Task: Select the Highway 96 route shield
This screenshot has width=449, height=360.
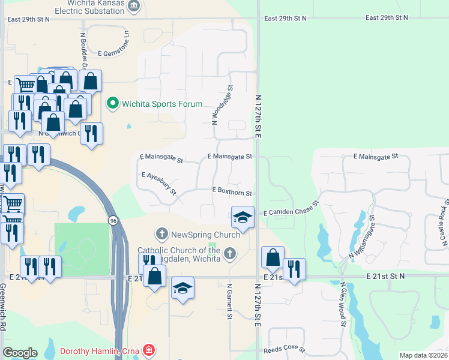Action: pyautogui.click(x=113, y=221)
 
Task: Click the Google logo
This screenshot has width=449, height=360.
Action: pyautogui.click(x=20, y=352)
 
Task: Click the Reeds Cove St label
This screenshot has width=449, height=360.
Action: pyautogui.click(x=284, y=349)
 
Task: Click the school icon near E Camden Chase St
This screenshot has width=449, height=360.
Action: pyautogui.click(x=242, y=218)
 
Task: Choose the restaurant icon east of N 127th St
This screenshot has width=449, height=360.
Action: pyautogui.click(x=294, y=269)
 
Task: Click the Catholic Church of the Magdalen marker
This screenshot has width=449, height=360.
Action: pyautogui.click(x=229, y=254)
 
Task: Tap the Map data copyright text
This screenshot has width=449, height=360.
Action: pyautogui.click(x=423, y=355)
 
